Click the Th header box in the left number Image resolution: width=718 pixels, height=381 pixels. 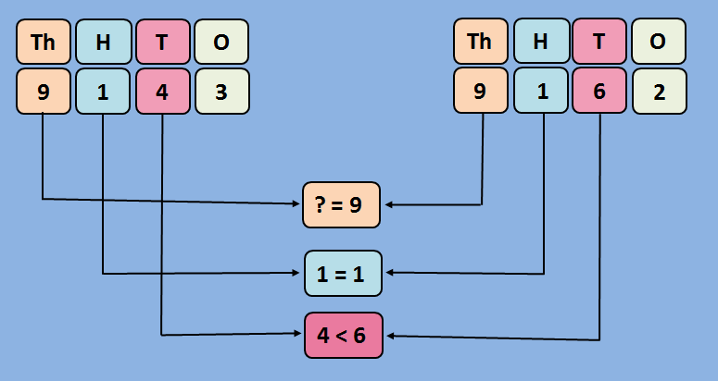click(x=44, y=42)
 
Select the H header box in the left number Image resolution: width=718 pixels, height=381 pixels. click(x=103, y=42)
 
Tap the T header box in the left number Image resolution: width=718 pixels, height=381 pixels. click(x=162, y=42)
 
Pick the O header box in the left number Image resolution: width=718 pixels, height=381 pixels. click(x=221, y=42)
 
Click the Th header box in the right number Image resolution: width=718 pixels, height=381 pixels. click(x=481, y=42)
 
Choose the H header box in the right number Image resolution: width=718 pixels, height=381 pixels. click(x=540, y=42)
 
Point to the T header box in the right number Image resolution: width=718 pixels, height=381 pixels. click(x=599, y=42)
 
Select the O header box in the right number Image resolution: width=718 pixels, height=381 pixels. click(x=659, y=42)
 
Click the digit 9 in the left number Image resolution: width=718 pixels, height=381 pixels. click(x=44, y=92)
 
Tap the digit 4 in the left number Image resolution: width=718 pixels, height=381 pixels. click(x=162, y=92)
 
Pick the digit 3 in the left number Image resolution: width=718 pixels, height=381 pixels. click(x=221, y=92)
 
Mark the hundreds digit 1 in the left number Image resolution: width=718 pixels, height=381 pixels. click(x=103, y=92)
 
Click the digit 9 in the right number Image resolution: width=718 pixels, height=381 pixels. click(x=481, y=92)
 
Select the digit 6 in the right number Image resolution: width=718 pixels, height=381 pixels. click(x=599, y=92)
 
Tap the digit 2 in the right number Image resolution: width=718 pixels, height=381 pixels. click(x=659, y=92)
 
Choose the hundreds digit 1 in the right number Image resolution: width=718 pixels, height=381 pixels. click(x=540, y=92)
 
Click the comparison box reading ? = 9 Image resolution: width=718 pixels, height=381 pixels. click(x=343, y=205)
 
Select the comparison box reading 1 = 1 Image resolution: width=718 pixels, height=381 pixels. click(x=343, y=273)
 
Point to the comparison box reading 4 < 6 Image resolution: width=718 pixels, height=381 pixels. click(x=343, y=336)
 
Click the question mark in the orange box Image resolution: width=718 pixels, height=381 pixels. click(x=321, y=205)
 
